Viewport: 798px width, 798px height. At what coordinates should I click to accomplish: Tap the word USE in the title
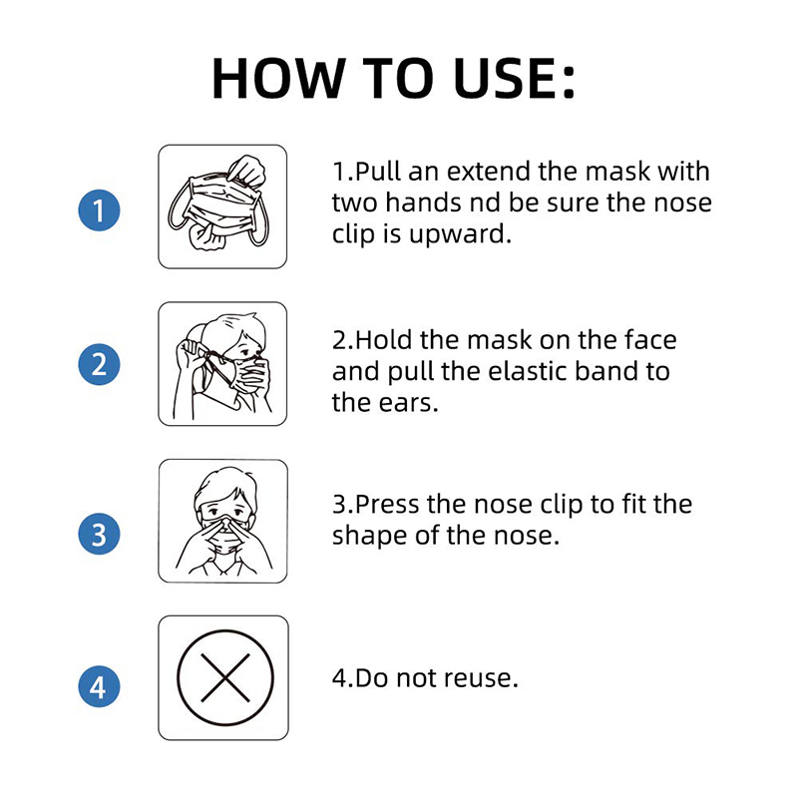click(504, 78)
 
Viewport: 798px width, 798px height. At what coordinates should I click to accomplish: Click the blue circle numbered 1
click(99, 210)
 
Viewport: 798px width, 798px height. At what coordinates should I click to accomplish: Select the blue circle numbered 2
click(99, 364)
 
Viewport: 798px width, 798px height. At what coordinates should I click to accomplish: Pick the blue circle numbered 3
click(99, 534)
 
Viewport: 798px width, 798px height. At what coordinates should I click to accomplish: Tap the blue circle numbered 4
click(99, 686)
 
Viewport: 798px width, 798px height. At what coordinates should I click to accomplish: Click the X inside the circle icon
click(225, 678)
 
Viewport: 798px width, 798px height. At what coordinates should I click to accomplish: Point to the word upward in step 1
click(460, 234)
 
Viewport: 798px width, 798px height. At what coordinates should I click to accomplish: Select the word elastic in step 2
click(528, 371)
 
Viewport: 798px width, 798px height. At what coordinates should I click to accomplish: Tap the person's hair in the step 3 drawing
click(223, 485)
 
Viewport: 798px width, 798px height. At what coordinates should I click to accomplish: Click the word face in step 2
click(651, 339)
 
